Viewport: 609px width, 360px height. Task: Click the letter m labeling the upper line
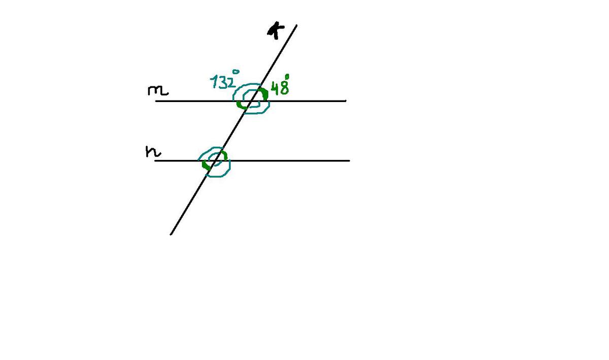point(158,91)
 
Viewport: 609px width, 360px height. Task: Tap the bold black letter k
point(276,30)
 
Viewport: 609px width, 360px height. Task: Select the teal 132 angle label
point(223,82)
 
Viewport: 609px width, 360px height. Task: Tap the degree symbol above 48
point(287,77)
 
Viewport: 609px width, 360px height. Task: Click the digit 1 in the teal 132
point(214,82)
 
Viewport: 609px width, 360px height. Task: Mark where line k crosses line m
point(251,101)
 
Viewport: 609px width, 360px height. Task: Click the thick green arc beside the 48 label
point(264,93)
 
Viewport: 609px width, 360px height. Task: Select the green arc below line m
point(240,106)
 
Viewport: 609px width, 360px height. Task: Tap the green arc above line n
point(224,154)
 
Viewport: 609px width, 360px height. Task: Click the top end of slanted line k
point(296,25)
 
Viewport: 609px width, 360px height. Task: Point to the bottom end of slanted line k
point(171,234)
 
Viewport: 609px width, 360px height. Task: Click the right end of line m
point(346,101)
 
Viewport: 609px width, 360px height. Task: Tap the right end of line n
point(350,161)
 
